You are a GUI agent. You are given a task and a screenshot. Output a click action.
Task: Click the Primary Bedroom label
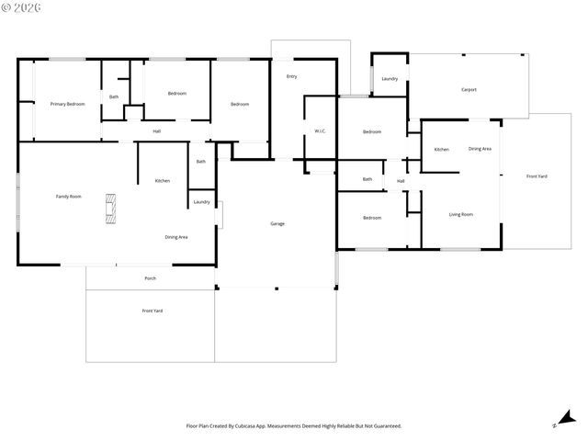tap(67, 104)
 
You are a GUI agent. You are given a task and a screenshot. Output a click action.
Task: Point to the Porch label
tap(150, 278)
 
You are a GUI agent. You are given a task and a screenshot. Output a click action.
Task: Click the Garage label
tap(277, 224)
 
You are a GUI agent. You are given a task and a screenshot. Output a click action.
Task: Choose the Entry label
tap(291, 76)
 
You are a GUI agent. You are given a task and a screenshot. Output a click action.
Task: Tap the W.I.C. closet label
tap(321, 131)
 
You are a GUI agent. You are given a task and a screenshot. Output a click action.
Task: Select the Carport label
tap(469, 89)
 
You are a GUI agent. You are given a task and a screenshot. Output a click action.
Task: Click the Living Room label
tap(460, 214)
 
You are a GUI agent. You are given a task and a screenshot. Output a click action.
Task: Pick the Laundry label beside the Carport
tap(390, 78)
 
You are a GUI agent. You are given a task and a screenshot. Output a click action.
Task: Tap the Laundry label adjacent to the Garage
tap(201, 202)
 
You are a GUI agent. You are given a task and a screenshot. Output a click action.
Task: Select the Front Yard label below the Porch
tap(153, 311)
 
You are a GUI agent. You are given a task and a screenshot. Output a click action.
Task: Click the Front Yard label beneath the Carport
tap(537, 176)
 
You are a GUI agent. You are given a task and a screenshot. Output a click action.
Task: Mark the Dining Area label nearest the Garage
tap(176, 237)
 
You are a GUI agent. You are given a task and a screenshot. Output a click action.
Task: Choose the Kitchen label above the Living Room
tap(441, 149)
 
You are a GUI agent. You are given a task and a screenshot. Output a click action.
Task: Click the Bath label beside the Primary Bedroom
tap(114, 96)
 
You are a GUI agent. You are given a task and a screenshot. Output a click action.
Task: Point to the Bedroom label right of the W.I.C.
tap(371, 132)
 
